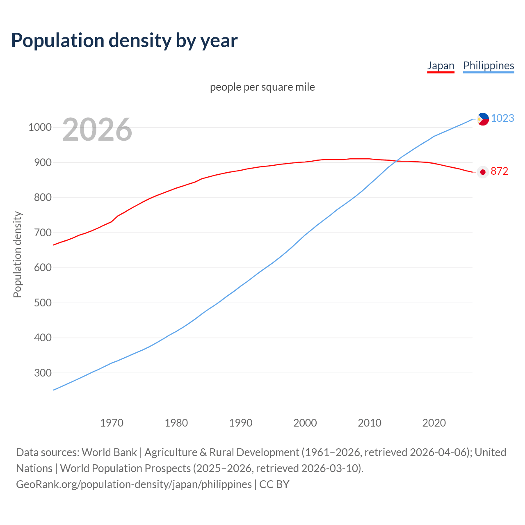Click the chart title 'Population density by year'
pos(124,40)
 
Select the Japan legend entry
pos(441,66)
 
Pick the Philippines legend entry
pos(488,66)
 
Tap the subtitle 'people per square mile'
pos(262,87)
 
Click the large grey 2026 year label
pos(97,130)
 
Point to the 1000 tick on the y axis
pos(40,127)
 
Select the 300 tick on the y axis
pos(43,373)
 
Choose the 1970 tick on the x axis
pos(112,423)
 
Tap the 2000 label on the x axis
pos(305,423)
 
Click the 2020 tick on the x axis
pos(434,423)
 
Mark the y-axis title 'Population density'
pos(17,254)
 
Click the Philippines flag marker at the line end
pos(483,119)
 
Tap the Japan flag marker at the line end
pos(483,172)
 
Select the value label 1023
pos(502,119)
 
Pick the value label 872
pos(499,171)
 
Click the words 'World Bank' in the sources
pos(109,452)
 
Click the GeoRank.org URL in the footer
pos(134,484)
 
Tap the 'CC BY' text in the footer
pos(274,484)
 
